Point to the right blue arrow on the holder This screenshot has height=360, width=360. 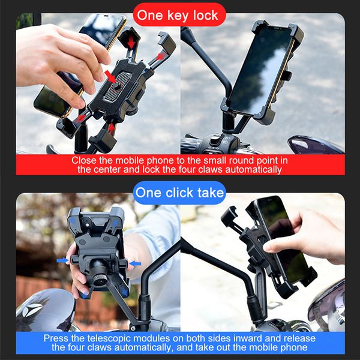click(136, 263)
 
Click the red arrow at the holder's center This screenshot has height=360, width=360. click(111, 76)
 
